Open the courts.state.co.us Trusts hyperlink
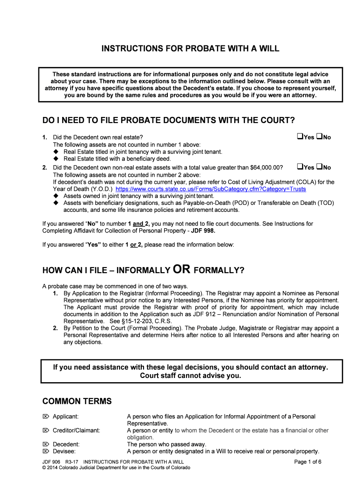[210, 189]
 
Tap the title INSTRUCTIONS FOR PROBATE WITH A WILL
[190, 49]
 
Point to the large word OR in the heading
[181, 269]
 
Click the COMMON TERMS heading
[77, 401]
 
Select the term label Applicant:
[65, 416]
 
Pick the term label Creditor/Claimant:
[76, 430]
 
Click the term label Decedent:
[66, 444]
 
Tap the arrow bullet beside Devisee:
[45, 451]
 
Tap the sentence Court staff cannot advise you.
[190, 376]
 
